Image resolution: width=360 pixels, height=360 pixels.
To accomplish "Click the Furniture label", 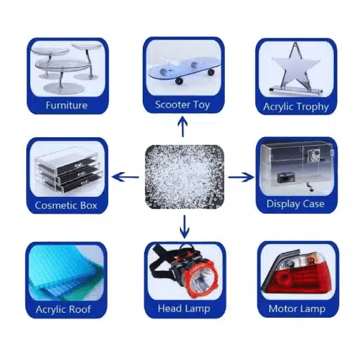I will (x=67, y=105).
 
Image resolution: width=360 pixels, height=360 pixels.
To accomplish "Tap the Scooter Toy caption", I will (x=183, y=105).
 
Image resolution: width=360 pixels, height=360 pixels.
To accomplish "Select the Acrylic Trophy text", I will (x=295, y=107).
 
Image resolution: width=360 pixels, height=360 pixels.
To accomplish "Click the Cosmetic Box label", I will (x=66, y=205).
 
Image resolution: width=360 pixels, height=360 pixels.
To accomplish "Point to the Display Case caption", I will (x=295, y=204).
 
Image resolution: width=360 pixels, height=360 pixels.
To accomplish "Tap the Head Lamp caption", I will (x=184, y=309).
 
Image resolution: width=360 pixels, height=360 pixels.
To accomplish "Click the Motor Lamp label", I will (x=296, y=309).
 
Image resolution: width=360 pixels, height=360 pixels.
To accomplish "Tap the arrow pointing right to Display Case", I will (x=241, y=177).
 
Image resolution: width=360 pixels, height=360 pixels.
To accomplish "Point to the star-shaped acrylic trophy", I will (x=295, y=70).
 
